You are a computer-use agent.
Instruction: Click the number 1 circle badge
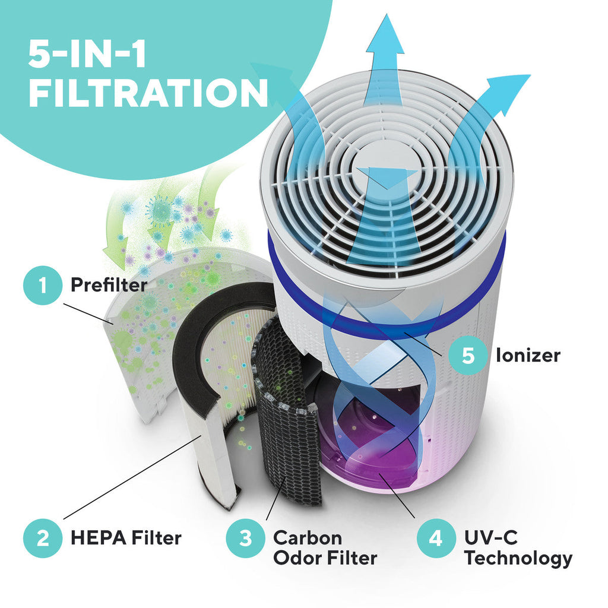(x=43, y=286)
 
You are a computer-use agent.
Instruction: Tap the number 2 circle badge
(x=43, y=538)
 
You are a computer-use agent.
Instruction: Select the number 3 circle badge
(x=245, y=538)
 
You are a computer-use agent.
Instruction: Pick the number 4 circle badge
(x=436, y=538)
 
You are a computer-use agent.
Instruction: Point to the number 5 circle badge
(x=468, y=355)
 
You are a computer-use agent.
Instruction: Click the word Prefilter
(x=109, y=285)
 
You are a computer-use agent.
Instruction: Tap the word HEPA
(x=99, y=538)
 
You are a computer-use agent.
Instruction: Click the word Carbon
(x=308, y=538)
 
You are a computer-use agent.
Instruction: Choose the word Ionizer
(x=528, y=355)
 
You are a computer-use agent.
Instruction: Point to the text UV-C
(x=491, y=538)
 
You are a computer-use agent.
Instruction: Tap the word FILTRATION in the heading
(x=148, y=93)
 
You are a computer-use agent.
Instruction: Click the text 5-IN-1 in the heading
(x=87, y=55)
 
